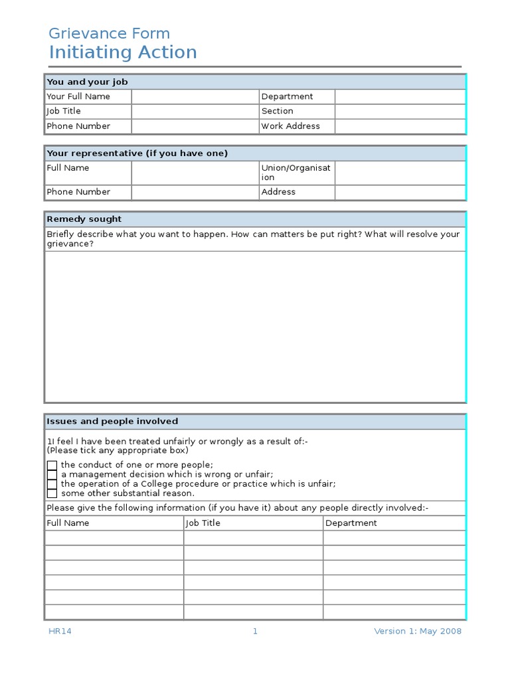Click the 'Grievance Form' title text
[x=110, y=33]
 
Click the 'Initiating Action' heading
[x=123, y=52]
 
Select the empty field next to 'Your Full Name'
[x=195, y=97]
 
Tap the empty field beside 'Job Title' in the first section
[x=195, y=112]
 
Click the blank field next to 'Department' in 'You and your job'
[x=400, y=97]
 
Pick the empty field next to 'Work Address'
[x=400, y=126]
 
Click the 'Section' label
[x=277, y=112]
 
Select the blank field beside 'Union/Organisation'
[x=400, y=173]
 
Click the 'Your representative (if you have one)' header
[x=137, y=153]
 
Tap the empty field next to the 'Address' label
[x=400, y=192]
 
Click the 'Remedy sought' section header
[x=84, y=219]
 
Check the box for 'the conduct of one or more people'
[x=52, y=466]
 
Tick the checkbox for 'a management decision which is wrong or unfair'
[x=52, y=475]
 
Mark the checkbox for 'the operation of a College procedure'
[x=52, y=484]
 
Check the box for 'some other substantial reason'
[x=52, y=493]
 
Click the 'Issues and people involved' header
[x=112, y=422]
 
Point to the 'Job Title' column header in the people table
[x=203, y=523]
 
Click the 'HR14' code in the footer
[x=60, y=632]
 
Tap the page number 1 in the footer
[x=255, y=632]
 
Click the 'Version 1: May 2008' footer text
[x=417, y=632]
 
